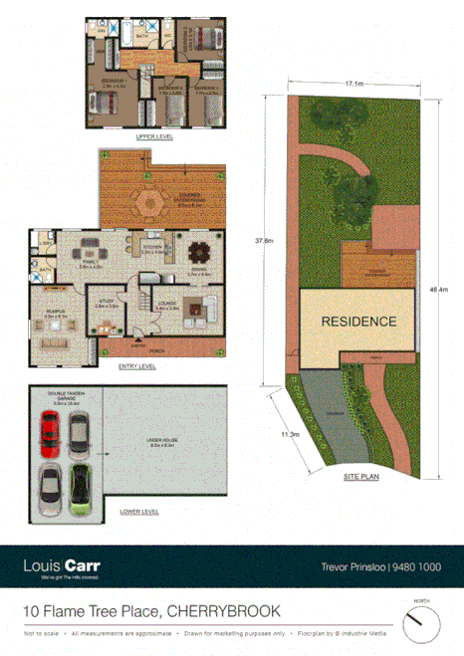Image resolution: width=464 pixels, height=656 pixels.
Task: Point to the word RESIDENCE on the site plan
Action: [357, 322]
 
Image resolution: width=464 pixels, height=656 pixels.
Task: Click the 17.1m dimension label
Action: [352, 85]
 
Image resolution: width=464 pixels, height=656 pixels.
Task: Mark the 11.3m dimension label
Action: [290, 434]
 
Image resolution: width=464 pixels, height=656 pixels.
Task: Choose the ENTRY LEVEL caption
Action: [137, 366]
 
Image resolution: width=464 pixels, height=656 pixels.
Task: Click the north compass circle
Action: [420, 625]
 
